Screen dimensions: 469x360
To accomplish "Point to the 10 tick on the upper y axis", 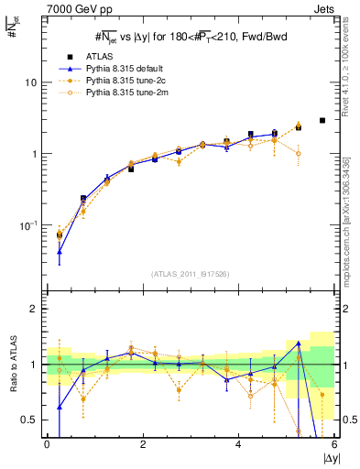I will (30, 82).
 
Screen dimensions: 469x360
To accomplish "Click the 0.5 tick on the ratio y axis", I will (30, 420).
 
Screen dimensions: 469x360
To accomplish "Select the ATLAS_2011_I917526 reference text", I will (190, 274).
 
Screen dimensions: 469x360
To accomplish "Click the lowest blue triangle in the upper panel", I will (60, 252).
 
